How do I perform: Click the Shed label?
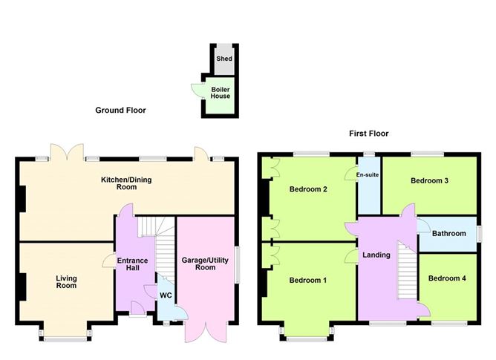(224, 59)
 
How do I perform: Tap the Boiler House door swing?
(196, 91)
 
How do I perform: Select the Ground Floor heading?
(120, 110)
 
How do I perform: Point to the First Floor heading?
(368, 134)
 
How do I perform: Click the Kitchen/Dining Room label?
(126, 183)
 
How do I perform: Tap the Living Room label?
(66, 282)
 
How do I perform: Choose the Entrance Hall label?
(133, 264)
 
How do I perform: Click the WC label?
(166, 295)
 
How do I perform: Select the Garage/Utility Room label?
(205, 264)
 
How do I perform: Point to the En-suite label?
(368, 174)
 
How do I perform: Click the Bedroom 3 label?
(429, 180)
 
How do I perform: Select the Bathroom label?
(449, 234)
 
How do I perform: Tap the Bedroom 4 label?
(447, 278)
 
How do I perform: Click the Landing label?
(376, 255)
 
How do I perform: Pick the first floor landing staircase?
(407, 270)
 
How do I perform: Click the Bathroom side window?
(480, 234)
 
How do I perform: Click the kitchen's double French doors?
(67, 152)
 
